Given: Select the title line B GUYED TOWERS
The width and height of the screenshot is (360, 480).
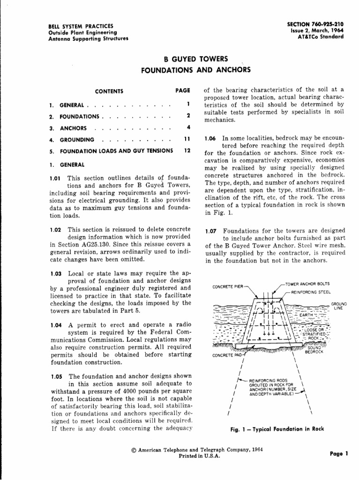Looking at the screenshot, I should coord(195,60).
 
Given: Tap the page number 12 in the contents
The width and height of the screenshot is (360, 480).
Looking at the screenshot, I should coord(187,151).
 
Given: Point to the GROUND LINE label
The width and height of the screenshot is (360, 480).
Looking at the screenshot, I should coord(338,306).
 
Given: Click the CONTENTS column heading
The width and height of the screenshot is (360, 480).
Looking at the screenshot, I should coord(109,91).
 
